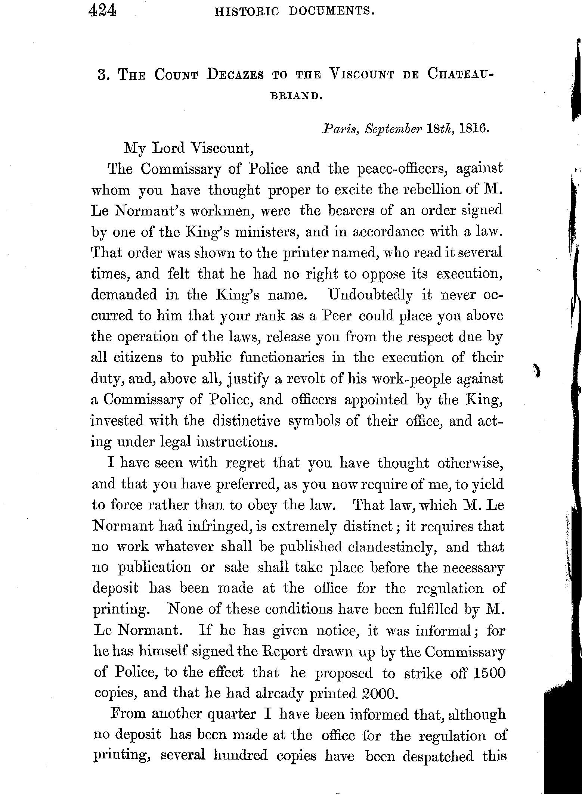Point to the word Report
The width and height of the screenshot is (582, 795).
282,652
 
